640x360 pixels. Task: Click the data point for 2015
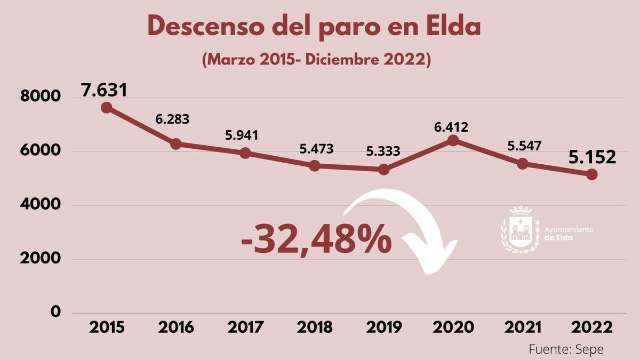click(x=107, y=108)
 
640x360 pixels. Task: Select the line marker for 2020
click(x=453, y=140)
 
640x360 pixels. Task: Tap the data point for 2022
click(x=592, y=174)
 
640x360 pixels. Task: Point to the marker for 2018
click(x=315, y=166)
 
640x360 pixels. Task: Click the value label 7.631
click(x=105, y=90)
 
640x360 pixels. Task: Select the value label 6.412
click(x=451, y=127)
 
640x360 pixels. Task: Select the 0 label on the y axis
click(x=55, y=312)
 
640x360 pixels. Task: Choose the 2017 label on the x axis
click(x=245, y=327)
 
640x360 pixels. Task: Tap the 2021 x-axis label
click(x=523, y=327)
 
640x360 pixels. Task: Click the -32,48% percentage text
click(x=316, y=240)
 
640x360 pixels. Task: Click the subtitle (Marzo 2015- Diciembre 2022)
click(x=316, y=59)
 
